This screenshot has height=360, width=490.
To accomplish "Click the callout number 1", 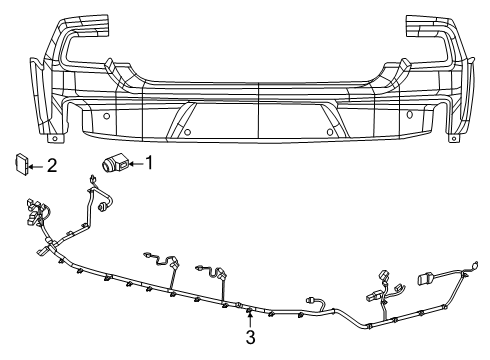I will pos(150,161).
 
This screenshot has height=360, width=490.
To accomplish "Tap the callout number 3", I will pos(250,338).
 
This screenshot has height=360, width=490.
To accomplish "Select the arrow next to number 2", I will pos(39,166).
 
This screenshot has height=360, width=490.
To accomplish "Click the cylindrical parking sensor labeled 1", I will pos(112,164).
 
